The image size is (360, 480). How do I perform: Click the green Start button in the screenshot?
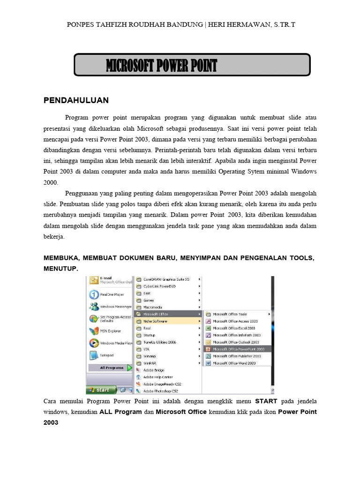coord(100,390)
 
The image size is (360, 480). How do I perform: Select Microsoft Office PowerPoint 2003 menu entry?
coord(238,349)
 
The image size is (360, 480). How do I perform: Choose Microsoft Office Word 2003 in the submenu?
coord(234,363)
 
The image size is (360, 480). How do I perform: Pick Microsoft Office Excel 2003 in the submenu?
coord(234,328)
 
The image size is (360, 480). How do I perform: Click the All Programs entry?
coord(112,368)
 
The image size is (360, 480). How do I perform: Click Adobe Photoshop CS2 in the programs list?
coord(161,390)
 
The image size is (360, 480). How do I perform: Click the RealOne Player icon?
coord(94,294)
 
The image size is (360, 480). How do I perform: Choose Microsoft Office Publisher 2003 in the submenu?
coord(237,356)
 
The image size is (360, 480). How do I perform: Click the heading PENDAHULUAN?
coord(76,100)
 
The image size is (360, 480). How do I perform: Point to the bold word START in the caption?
coord(266,402)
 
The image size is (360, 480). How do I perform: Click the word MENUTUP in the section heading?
coord(60,268)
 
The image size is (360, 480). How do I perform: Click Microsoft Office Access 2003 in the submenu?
coord(234,321)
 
